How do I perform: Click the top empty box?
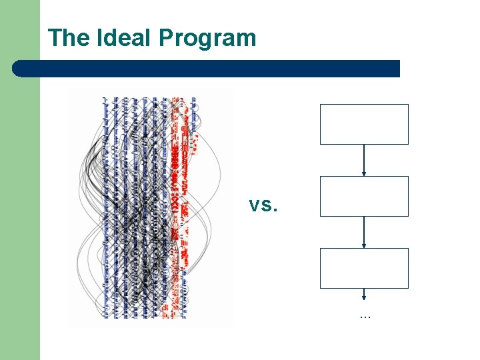[x=364, y=124]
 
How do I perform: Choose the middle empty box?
[x=364, y=196]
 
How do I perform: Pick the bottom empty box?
[x=364, y=268]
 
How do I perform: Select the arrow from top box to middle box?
[x=364, y=160]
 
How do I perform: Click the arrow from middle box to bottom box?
[x=364, y=232]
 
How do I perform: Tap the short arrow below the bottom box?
[x=364, y=294]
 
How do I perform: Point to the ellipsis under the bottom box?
[x=364, y=315]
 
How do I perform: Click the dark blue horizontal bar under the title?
[x=207, y=69]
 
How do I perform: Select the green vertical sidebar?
[x=20, y=200]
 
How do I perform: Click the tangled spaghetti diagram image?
[x=149, y=207]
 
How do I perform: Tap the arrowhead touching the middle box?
[x=364, y=174]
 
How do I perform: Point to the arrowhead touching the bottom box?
[x=364, y=246]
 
